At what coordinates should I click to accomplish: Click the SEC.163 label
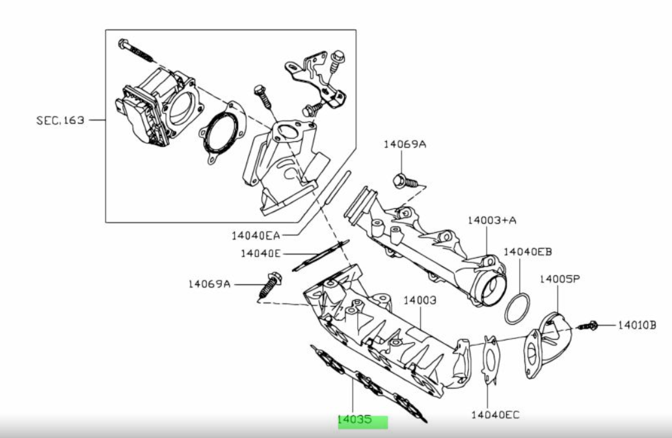[x=60, y=120]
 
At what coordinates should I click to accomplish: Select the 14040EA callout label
[x=255, y=234]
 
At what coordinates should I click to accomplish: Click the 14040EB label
[x=528, y=251]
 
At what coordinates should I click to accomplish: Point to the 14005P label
[x=559, y=279]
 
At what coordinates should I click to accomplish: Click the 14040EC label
[x=496, y=414]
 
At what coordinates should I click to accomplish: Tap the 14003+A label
[x=492, y=220]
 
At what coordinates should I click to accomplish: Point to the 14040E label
[x=260, y=253]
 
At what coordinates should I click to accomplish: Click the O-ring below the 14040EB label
[x=518, y=308]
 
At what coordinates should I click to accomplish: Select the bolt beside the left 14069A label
[x=269, y=285]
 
